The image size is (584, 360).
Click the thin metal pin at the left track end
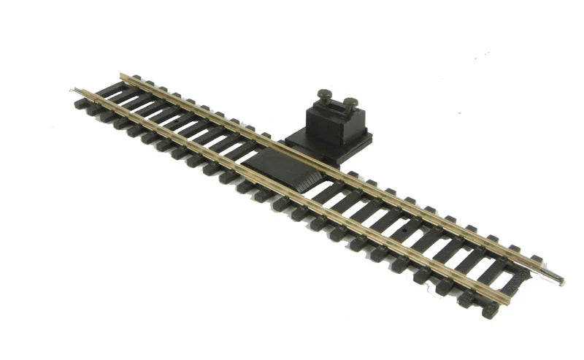74,91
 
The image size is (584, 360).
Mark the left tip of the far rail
122,74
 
